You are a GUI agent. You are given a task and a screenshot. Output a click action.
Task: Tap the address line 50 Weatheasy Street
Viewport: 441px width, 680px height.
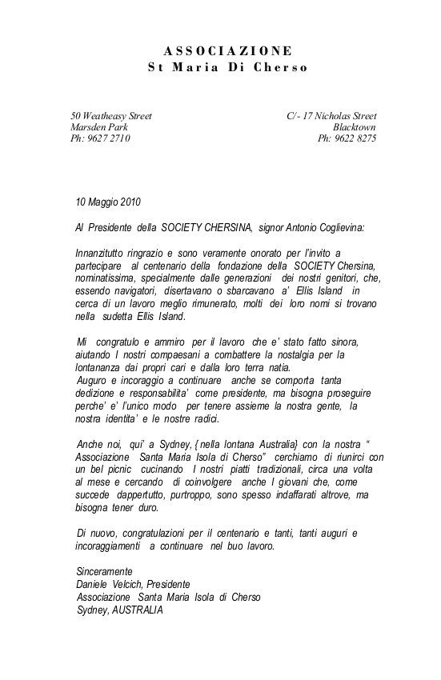pyautogui.click(x=111, y=116)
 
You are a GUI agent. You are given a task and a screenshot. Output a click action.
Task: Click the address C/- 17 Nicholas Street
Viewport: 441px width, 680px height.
pyautogui.click(x=331, y=116)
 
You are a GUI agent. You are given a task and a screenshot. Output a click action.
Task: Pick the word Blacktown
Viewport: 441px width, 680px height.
pyautogui.click(x=355, y=127)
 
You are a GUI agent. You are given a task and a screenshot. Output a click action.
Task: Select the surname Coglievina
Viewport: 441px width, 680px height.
pyautogui.click(x=335, y=227)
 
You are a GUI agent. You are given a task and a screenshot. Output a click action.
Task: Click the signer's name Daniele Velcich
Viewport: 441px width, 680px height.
pyautogui.click(x=110, y=583)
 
